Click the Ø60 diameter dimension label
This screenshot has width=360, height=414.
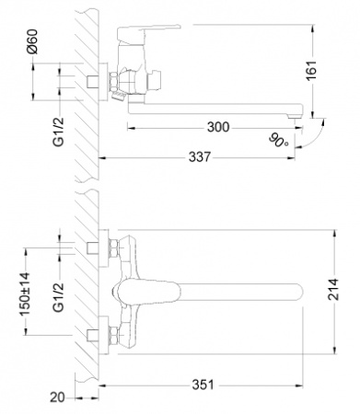[x=32, y=41]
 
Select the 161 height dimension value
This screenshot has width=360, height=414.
[x=312, y=71]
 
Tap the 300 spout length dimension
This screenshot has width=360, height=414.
[x=218, y=127]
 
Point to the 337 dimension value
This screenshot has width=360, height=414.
[x=200, y=157]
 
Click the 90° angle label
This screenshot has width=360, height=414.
[x=279, y=140]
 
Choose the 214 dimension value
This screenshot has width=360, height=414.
[x=333, y=290]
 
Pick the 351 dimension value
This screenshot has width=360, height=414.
[x=203, y=385]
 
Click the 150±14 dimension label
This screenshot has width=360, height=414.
[x=25, y=293]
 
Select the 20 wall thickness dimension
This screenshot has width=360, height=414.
[x=58, y=397]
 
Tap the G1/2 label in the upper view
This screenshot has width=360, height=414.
[x=59, y=132]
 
